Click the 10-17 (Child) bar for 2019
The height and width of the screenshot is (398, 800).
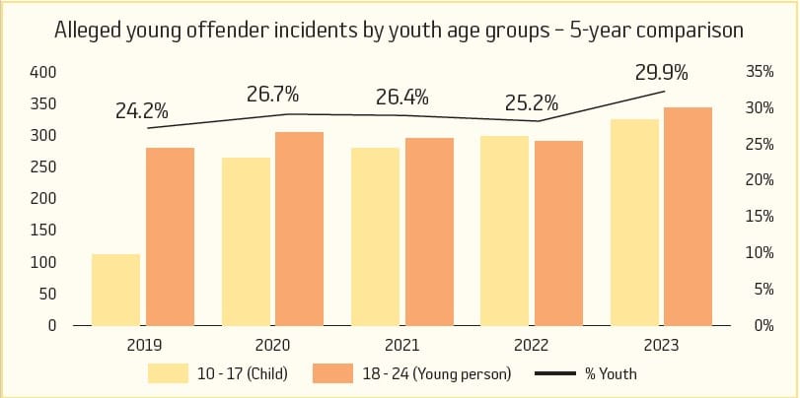[x=116, y=290]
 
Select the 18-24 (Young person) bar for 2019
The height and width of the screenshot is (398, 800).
[x=170, y=236]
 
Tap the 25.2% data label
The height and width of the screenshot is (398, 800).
[x=532, y=101]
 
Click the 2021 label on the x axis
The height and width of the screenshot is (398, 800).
[x=402, y=346]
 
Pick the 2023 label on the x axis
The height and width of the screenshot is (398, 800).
[x=661, y=346]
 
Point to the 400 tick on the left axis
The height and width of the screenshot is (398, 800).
[x=45, y=73]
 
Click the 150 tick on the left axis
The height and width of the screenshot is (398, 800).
[x=45, y=231]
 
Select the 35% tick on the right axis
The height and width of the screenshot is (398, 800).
[x=756, y=73]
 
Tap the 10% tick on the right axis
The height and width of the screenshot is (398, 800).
[x=756, y=253]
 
